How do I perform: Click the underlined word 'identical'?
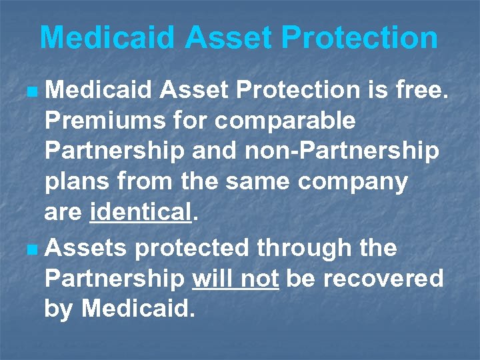coord(141,213)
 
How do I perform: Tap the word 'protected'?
coord(194,249)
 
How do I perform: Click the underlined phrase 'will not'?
coord(235,278)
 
